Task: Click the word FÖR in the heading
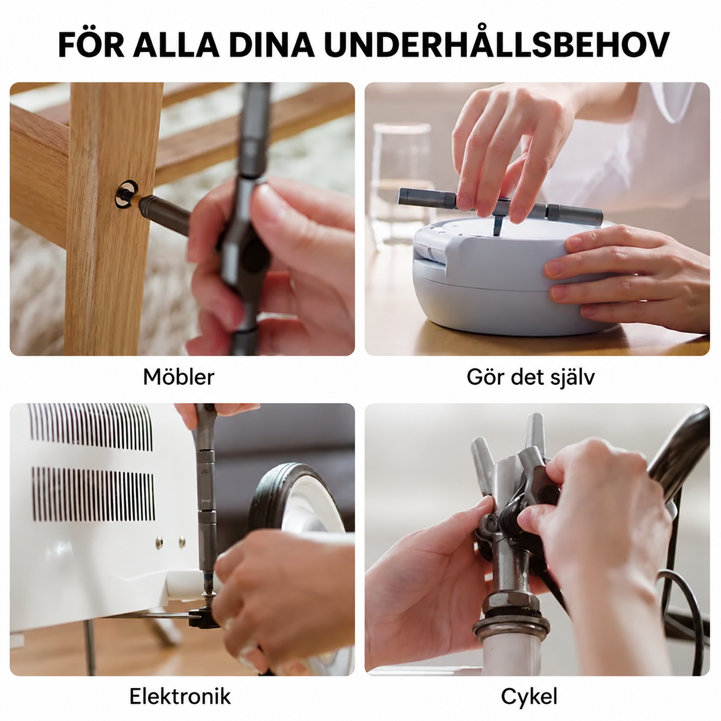(91, 44)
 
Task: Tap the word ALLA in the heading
(176, 45)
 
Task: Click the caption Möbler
(178, 377)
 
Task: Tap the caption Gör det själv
(531, 378)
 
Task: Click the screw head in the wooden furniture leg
(126, 194)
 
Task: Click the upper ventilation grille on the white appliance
(91, 427)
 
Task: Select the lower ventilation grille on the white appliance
(93, 494)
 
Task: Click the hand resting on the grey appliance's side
(628, 277)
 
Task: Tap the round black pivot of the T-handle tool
(255, 255)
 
